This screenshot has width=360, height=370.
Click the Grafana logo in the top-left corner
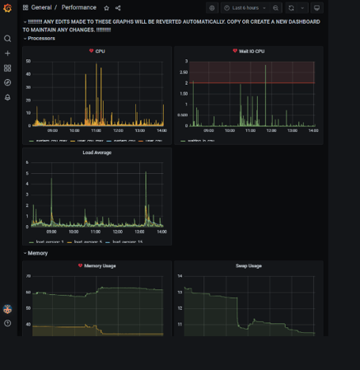pos(7,8)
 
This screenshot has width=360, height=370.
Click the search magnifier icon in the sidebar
pos(7,38)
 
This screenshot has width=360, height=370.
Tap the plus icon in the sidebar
pos(7,53)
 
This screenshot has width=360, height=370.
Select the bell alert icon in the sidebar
pos(7,97)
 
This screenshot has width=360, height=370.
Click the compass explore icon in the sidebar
pos(7,82)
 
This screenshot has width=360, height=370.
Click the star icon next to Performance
pos(106,7)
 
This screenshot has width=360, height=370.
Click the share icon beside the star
pos(118,7)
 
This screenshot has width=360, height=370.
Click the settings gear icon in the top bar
pos(212,7)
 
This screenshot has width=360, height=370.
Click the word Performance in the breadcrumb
pos(78,7)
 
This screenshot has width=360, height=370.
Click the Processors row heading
pos(41,38)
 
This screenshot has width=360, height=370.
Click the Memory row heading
pos(38,253)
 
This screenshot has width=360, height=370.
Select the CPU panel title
pos(101,51)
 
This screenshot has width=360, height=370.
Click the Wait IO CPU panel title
pos(249,51)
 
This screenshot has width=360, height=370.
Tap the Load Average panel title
pos(97,152)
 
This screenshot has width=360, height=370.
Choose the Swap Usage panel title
pos(249,265)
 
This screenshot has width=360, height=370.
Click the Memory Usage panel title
pos(100,265)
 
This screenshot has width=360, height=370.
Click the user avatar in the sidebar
pos(7,309)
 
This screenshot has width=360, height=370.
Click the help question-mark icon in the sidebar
pos(7,323)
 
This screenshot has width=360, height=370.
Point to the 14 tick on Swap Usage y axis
pos(179,275)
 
